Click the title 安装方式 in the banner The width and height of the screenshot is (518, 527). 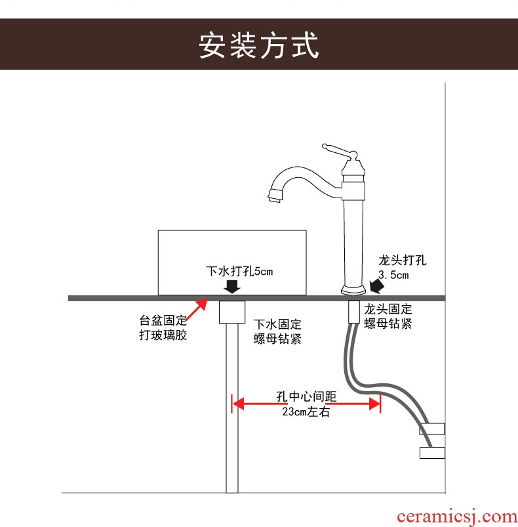[259, 45]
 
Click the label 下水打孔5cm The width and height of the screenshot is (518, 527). [239, 271]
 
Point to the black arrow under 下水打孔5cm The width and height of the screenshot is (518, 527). [231, 287]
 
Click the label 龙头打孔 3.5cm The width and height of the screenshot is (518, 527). [402, 267]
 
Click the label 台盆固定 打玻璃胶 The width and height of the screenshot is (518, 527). [163, 329]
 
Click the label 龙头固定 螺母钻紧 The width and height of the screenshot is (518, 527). [389, 316]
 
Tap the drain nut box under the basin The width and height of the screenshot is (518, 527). [231, 312]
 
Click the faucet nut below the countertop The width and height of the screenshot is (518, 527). [354, 312]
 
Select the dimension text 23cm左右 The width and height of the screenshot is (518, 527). [306, 413]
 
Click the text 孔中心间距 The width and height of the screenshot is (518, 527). [306, 398]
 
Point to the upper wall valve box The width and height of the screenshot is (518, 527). [432, 429]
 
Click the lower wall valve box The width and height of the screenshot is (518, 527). [432, 452]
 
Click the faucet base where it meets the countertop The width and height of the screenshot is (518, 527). [354, 291]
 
